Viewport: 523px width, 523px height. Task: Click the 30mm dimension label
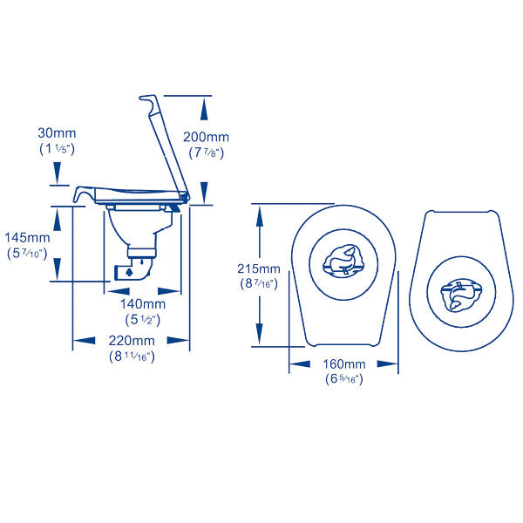pos(57,133)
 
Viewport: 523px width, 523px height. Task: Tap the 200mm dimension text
pos(206,137)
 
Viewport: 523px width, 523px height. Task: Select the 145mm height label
pos(27,238)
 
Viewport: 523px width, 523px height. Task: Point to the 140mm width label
pos(143,304)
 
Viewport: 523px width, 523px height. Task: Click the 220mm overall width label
pos(132,341)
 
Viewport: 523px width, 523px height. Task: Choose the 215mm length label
pos(259,268)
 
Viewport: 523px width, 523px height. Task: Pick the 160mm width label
pos(344,363)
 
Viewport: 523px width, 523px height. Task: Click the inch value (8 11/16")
pos(132,357)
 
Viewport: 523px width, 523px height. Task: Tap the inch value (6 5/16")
pos(344,379)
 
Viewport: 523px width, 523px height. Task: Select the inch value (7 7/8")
pos(206,153)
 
